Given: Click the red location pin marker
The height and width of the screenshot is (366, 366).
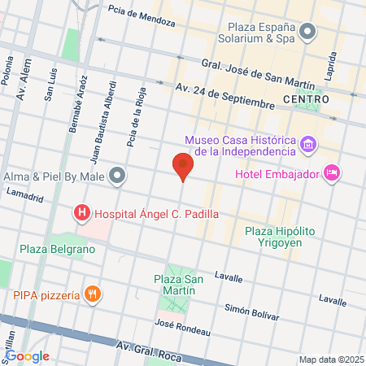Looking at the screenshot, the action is pos(183,167).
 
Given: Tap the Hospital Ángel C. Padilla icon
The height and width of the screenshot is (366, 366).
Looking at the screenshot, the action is pos(82,214).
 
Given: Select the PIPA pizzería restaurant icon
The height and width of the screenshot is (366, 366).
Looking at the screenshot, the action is pos(94,294).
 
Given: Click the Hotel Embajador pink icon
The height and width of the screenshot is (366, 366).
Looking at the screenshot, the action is pos(331,172).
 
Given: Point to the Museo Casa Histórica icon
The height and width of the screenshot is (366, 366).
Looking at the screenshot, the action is pos(308,146).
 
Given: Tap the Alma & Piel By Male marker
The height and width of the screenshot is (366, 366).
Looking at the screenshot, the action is pos(118,176).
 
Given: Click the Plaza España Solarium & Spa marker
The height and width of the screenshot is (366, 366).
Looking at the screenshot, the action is pos(307,32).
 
